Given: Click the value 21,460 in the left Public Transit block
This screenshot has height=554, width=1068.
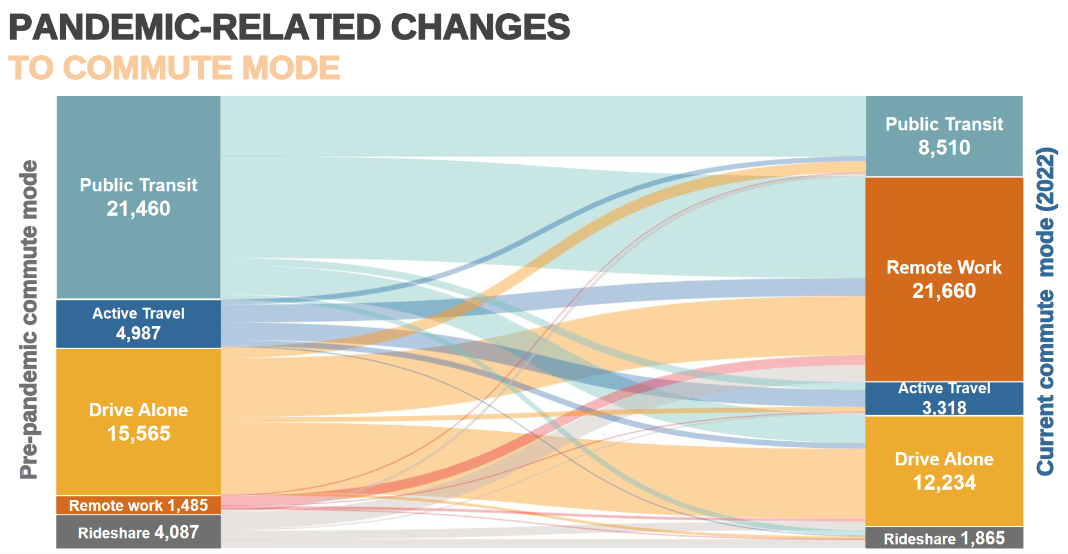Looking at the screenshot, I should (x=139, y=209).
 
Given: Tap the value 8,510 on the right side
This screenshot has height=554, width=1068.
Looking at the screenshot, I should (x=944, y=147).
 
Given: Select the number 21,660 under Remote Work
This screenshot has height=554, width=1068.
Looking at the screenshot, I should (x=944, y=291).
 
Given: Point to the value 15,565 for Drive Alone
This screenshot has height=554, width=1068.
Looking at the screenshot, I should (x=139, y=433).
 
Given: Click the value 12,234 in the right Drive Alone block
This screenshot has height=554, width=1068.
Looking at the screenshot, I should (x=944, y=483).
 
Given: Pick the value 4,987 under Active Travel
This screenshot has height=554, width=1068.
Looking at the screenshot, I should (x=139, y=333).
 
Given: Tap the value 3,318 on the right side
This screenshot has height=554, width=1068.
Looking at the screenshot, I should (x=944, y=408).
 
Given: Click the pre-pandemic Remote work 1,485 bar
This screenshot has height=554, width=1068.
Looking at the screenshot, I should (x=139, y=505).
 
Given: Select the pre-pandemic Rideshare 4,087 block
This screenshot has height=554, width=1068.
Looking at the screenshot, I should (x=139, y=532).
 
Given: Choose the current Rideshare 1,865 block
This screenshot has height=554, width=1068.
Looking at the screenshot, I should (x=944, y=538).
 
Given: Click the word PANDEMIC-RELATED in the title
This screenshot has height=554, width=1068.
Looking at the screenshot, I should (x=195, y=28).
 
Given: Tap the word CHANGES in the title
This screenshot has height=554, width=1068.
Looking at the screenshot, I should (x=480, y=28).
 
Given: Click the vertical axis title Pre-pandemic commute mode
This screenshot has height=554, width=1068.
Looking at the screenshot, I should (x=29, y=319).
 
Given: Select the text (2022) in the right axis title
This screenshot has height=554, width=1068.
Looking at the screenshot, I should (x=1046, y=179).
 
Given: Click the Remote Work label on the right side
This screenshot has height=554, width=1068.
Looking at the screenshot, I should (x=944, y=267).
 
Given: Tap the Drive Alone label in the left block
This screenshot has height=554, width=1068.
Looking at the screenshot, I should (x=139, y=410).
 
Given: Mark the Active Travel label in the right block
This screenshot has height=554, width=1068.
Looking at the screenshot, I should (x=944, y=389).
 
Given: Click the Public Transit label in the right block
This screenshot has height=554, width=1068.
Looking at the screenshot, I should (x=944, y=124).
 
